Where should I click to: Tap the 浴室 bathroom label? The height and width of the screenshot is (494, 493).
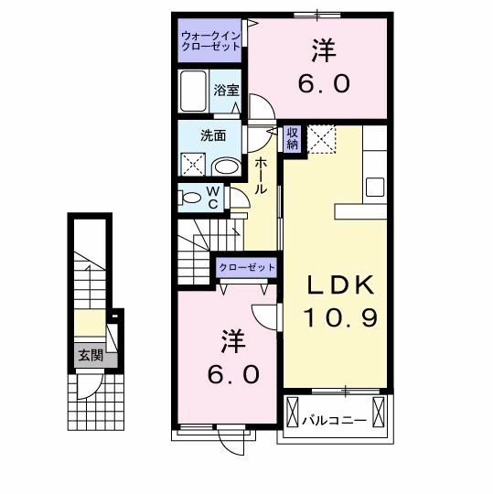pos(227,90)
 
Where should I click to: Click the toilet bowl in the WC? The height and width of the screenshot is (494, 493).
pos(191,197)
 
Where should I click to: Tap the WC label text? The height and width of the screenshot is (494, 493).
pos(212,198)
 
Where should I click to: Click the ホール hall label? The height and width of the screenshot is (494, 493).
pos(262,175)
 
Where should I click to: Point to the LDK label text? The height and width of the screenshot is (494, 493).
pos(340,285)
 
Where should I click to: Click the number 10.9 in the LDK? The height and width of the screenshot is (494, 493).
pos(340,320)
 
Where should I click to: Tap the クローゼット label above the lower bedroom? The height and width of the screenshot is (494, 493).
pos(246,266)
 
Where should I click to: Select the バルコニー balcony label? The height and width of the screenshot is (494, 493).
pos(335,421)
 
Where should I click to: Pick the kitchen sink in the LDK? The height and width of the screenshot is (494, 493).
pos(376,187)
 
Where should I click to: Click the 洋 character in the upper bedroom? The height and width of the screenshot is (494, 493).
pos(322,47)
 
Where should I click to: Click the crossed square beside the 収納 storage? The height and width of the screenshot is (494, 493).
pos(321,139)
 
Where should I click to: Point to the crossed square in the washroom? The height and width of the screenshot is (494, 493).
pos(194,166)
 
